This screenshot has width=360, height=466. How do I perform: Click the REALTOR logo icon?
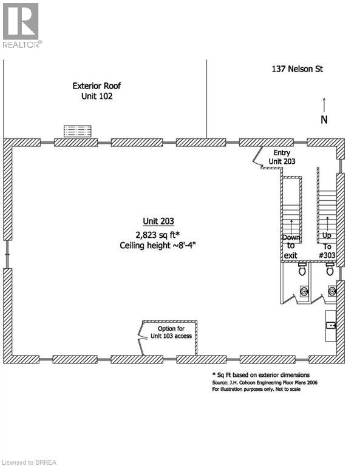click(21, 21)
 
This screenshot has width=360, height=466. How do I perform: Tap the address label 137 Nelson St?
click(297, 69)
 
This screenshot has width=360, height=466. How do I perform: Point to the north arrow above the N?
click(324, 105)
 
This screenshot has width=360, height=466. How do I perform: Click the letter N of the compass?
click(324, 120)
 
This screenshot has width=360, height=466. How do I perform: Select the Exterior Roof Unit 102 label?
click(97, 91)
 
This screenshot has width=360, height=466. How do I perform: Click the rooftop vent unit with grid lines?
click(77, 131)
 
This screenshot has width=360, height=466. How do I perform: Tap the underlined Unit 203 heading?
click(158, 221)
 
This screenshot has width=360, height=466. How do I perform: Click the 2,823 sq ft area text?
click(158, 235)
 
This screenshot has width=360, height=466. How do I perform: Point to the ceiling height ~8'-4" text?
click(158, 246)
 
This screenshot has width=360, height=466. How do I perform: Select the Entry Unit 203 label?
click(282, 157)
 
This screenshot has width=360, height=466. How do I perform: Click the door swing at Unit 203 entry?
click(257, 155)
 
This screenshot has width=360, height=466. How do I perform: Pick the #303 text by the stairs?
click(327, 255)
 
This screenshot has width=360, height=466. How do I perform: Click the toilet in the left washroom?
click(302, 269)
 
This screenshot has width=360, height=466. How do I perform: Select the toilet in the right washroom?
click(330, 269)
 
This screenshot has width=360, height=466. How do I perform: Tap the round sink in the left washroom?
click(304, 291)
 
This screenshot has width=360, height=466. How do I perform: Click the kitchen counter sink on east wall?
click(331, 325)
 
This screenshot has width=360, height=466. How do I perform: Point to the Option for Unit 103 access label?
click(171, 333)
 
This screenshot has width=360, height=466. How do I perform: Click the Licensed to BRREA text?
click(29, 462)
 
